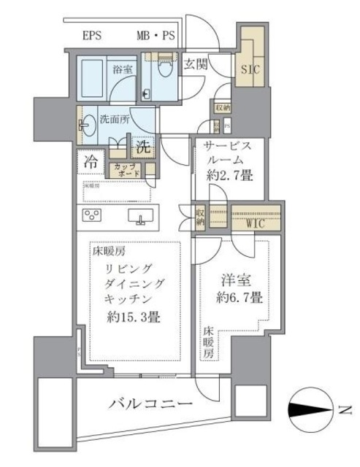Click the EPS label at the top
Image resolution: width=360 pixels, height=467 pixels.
(x=92, y=35)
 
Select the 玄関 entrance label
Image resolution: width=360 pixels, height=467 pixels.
(x=196, y=64)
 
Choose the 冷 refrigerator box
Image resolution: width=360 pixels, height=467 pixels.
(x=92, y=158)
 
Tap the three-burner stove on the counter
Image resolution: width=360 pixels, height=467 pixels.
(x=93, y=215)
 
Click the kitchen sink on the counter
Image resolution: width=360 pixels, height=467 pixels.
(x=139, y=216)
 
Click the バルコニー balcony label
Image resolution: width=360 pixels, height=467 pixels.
(x=151, y=403)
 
